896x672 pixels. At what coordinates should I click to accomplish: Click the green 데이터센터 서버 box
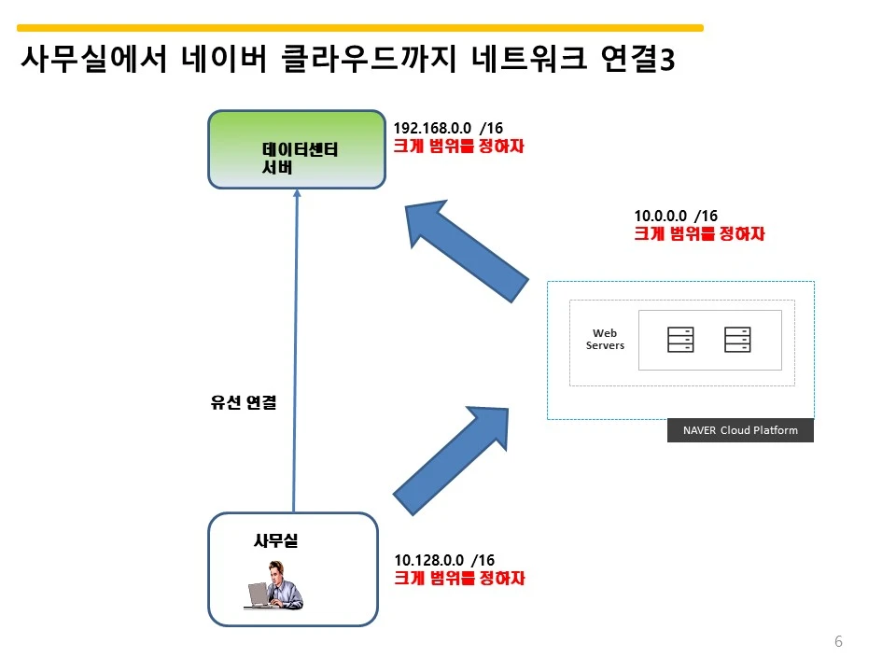[297, 149]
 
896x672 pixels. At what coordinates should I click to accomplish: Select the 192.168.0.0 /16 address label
[448, 128]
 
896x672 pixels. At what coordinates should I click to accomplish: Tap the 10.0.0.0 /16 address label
[676, 216]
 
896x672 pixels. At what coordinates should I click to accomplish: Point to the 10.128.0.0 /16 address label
[444, 560]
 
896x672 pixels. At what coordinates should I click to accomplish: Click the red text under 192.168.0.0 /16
[459, 147]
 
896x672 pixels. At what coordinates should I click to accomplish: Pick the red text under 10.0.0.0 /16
[699, 233]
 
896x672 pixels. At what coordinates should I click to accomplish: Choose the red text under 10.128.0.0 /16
[459, 578]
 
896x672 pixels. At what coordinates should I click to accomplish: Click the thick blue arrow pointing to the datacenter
[467, 251]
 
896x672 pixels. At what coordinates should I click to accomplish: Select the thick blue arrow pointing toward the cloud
[451, 460]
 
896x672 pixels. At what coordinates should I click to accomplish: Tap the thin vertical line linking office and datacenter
[296, 351]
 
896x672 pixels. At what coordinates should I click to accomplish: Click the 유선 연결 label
[244, 402]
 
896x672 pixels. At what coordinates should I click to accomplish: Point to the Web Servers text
[605, 339]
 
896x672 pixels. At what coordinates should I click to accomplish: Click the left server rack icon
[680, 340]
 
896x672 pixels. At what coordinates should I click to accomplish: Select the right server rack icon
[737, 340]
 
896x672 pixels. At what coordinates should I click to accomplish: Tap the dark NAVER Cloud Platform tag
[740, 430]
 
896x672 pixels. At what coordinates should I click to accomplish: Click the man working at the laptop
[274, 585]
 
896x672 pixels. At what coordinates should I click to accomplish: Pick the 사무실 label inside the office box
[275, 540]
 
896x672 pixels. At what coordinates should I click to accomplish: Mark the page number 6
[838, 641]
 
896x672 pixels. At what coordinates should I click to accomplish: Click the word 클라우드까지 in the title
[369, 58]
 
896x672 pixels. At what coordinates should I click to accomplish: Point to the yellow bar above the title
[360, 27]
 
